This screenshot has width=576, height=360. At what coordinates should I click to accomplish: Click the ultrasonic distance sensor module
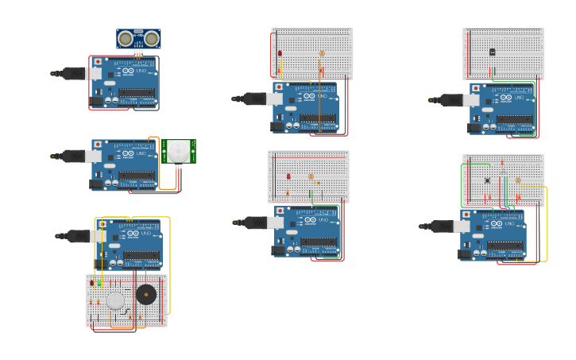(x=138, y=38)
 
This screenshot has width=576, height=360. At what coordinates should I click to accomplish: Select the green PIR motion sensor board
(x=180, y=151)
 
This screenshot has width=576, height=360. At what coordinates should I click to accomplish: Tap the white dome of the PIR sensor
(x=178, y=151)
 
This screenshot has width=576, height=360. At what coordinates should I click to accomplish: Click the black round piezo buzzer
(x=146, y=295)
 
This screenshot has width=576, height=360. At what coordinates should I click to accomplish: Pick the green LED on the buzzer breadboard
(x=100, y=282)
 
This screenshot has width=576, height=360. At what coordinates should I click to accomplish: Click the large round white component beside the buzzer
(x=116, y=300)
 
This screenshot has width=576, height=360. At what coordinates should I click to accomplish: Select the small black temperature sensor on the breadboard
(x=492, y=52)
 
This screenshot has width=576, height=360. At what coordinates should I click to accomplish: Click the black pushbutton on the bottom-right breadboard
(x=487, y=180)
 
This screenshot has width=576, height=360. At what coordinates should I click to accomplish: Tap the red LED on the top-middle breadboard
(x=280, y=53)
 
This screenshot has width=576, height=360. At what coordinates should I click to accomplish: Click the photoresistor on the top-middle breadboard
(x=322, y=54)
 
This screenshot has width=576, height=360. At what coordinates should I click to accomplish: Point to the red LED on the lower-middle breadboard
(x=288, y=176)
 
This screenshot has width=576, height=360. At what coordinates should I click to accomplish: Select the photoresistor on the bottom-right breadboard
(x=518, y=180)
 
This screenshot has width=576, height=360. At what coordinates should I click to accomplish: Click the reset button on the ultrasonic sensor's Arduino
(x=98, y=61)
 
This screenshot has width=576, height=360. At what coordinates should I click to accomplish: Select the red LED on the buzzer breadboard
(x=92, y=282)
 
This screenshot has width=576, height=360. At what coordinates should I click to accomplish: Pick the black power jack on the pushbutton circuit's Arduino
(x=465, y=254)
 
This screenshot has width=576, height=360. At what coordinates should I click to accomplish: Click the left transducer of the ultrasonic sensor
(x=126, y=38)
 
